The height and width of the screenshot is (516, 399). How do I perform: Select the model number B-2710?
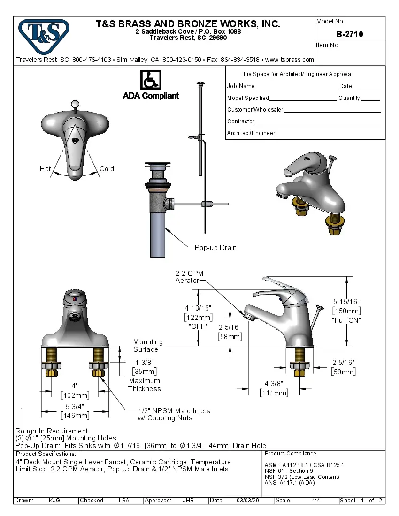[349, 34]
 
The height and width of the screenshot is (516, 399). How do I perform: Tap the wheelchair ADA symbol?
[151, 80]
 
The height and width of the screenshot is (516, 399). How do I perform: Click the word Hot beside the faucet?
[45, 169]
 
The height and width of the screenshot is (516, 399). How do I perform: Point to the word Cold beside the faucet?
[107, 169]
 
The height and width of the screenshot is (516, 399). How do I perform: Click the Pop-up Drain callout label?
[215, 248]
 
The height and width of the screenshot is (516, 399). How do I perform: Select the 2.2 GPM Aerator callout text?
[189, 277]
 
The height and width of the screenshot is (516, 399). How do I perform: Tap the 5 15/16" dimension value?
[346, 302]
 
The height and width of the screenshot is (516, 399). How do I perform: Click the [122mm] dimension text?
[198, 317]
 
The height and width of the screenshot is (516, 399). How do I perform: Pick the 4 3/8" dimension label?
[274, 384]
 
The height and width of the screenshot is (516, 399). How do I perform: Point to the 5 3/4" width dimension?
[75, 407]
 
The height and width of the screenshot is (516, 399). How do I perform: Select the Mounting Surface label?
[148, 346]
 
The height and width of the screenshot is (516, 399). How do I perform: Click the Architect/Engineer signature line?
[329, 134]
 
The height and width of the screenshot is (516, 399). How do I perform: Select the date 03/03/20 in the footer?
[248, 501]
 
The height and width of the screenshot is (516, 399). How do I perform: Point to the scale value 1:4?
[316, 501]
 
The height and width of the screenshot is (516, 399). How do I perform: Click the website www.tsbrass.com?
[289, 60]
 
